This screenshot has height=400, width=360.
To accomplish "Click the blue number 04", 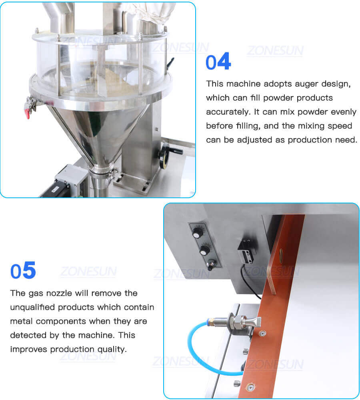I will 218,62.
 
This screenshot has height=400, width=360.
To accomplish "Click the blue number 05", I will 23,271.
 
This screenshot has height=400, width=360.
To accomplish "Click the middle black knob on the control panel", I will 204,250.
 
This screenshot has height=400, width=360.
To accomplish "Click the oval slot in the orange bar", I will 280,254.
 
